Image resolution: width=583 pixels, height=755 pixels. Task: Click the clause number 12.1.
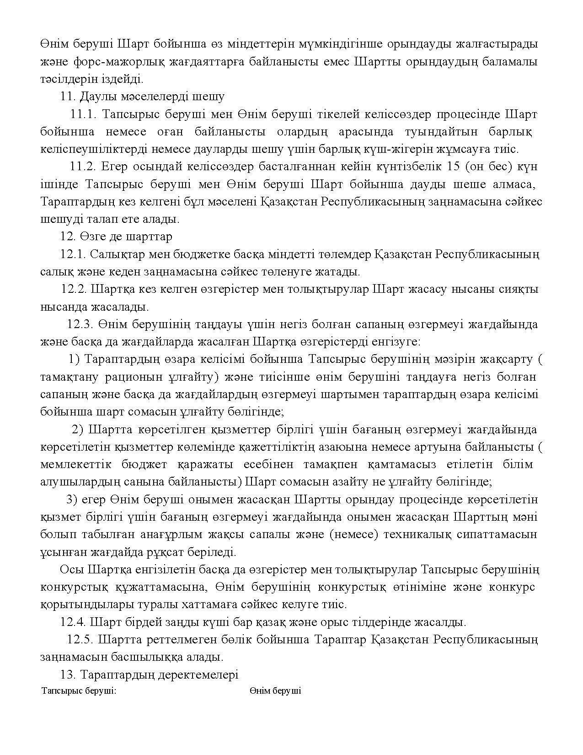point(73,254)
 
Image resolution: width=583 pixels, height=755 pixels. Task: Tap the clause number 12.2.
point(74,289)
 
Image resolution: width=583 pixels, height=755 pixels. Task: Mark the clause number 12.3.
point(80,324)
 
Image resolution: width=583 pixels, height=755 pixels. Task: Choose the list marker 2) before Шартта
point(78,430)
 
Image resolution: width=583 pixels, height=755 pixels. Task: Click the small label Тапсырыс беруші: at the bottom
point(79,690)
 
